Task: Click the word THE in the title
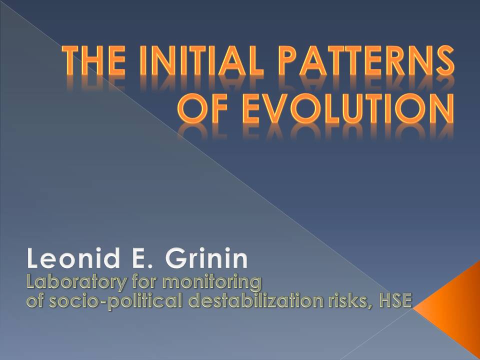coord(93,60)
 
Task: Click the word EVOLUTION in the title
coord(348,108)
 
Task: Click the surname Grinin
coord(206,258)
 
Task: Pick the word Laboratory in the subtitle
coord(76,283)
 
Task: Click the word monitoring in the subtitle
coord(212,283)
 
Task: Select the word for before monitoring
coord(144,283)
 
